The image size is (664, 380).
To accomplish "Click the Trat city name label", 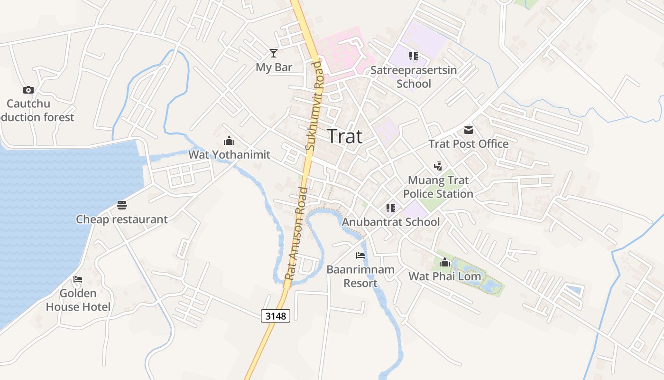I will (x=345, y=137).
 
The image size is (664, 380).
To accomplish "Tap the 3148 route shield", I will (x=275, y=316).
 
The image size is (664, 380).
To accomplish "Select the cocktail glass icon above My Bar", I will (x=274, y=53).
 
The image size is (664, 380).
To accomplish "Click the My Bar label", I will (x=274, y=67).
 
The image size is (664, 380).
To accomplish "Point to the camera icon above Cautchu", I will (x=28, y=90).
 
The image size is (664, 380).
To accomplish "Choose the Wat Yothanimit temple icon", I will (x=229, y=141).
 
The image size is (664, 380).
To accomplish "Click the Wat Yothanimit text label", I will (x=229, y=154).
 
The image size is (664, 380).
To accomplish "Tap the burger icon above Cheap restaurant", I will (x=122, y=205).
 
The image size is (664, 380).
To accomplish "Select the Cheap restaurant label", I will (x=122, y=219).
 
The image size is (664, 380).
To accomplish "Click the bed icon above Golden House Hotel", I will (x=78, y=279).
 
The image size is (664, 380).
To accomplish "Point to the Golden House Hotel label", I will (x=78, y=300).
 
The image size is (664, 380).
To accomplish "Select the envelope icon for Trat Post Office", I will (x=469, y=130).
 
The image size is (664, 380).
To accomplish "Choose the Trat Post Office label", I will (x=469, y=144).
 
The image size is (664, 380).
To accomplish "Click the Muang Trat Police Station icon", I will (x=438, y=166).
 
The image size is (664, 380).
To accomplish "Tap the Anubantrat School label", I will (x=391, y=222).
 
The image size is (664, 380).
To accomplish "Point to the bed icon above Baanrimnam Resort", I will (x=360, y=256).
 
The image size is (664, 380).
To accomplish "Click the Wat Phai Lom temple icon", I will (x=444, y=262).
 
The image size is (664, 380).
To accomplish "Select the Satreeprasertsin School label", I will (x=414, y=77).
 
